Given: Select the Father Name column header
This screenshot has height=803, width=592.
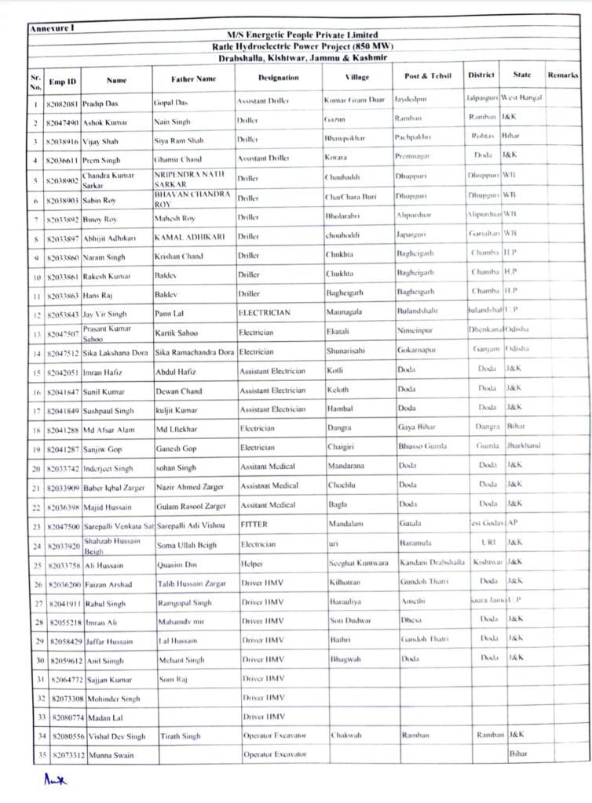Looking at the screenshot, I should tap(193, 78).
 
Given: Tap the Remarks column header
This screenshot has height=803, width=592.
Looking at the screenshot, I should tap(562, 75).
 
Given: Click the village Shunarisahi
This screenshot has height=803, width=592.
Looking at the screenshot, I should tap(348, 351).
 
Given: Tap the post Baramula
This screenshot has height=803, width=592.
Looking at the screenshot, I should tap(416, 543).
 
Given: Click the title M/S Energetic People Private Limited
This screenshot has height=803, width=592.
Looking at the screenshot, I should tap(302, 35).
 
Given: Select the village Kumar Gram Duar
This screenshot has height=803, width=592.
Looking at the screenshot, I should tap(354, 100).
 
